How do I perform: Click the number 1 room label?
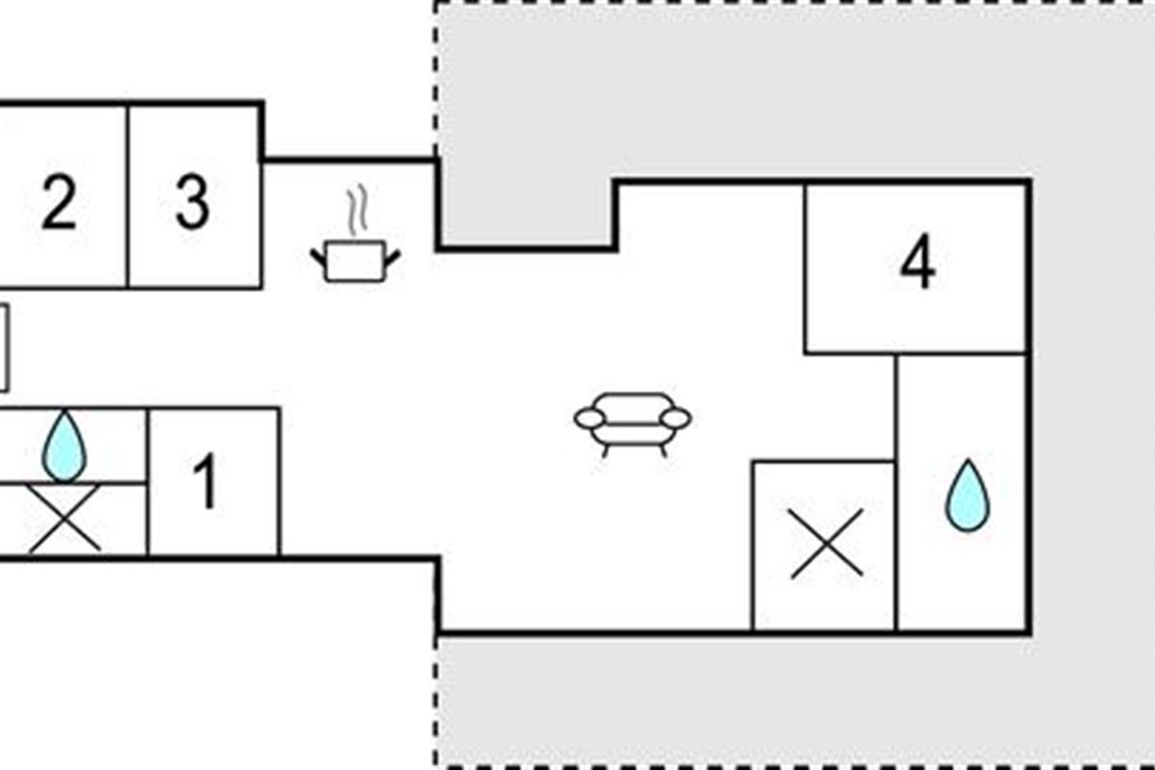pos(206,481)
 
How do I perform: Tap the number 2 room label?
pos(59,201)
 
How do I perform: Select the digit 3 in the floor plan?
pos(192,201)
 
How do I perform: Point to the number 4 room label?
pos(918,261)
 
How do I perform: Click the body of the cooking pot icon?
pos(356,262)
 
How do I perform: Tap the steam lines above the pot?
pos(357,209)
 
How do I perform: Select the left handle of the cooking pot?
pos(319,257)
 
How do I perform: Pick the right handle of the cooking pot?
pos(393,257)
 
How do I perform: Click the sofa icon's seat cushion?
pos(632,434)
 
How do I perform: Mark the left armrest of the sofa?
pos(589,419)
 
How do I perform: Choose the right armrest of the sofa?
pos(676,419)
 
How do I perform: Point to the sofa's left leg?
pos(605,450)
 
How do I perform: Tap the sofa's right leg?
pos(663,450)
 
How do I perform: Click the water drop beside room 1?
pos(64,447)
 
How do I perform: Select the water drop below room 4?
pos(967,495)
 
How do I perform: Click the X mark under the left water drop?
pos(64,518)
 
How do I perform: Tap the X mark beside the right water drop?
pos(827,543)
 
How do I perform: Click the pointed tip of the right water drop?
pos(968,459)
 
